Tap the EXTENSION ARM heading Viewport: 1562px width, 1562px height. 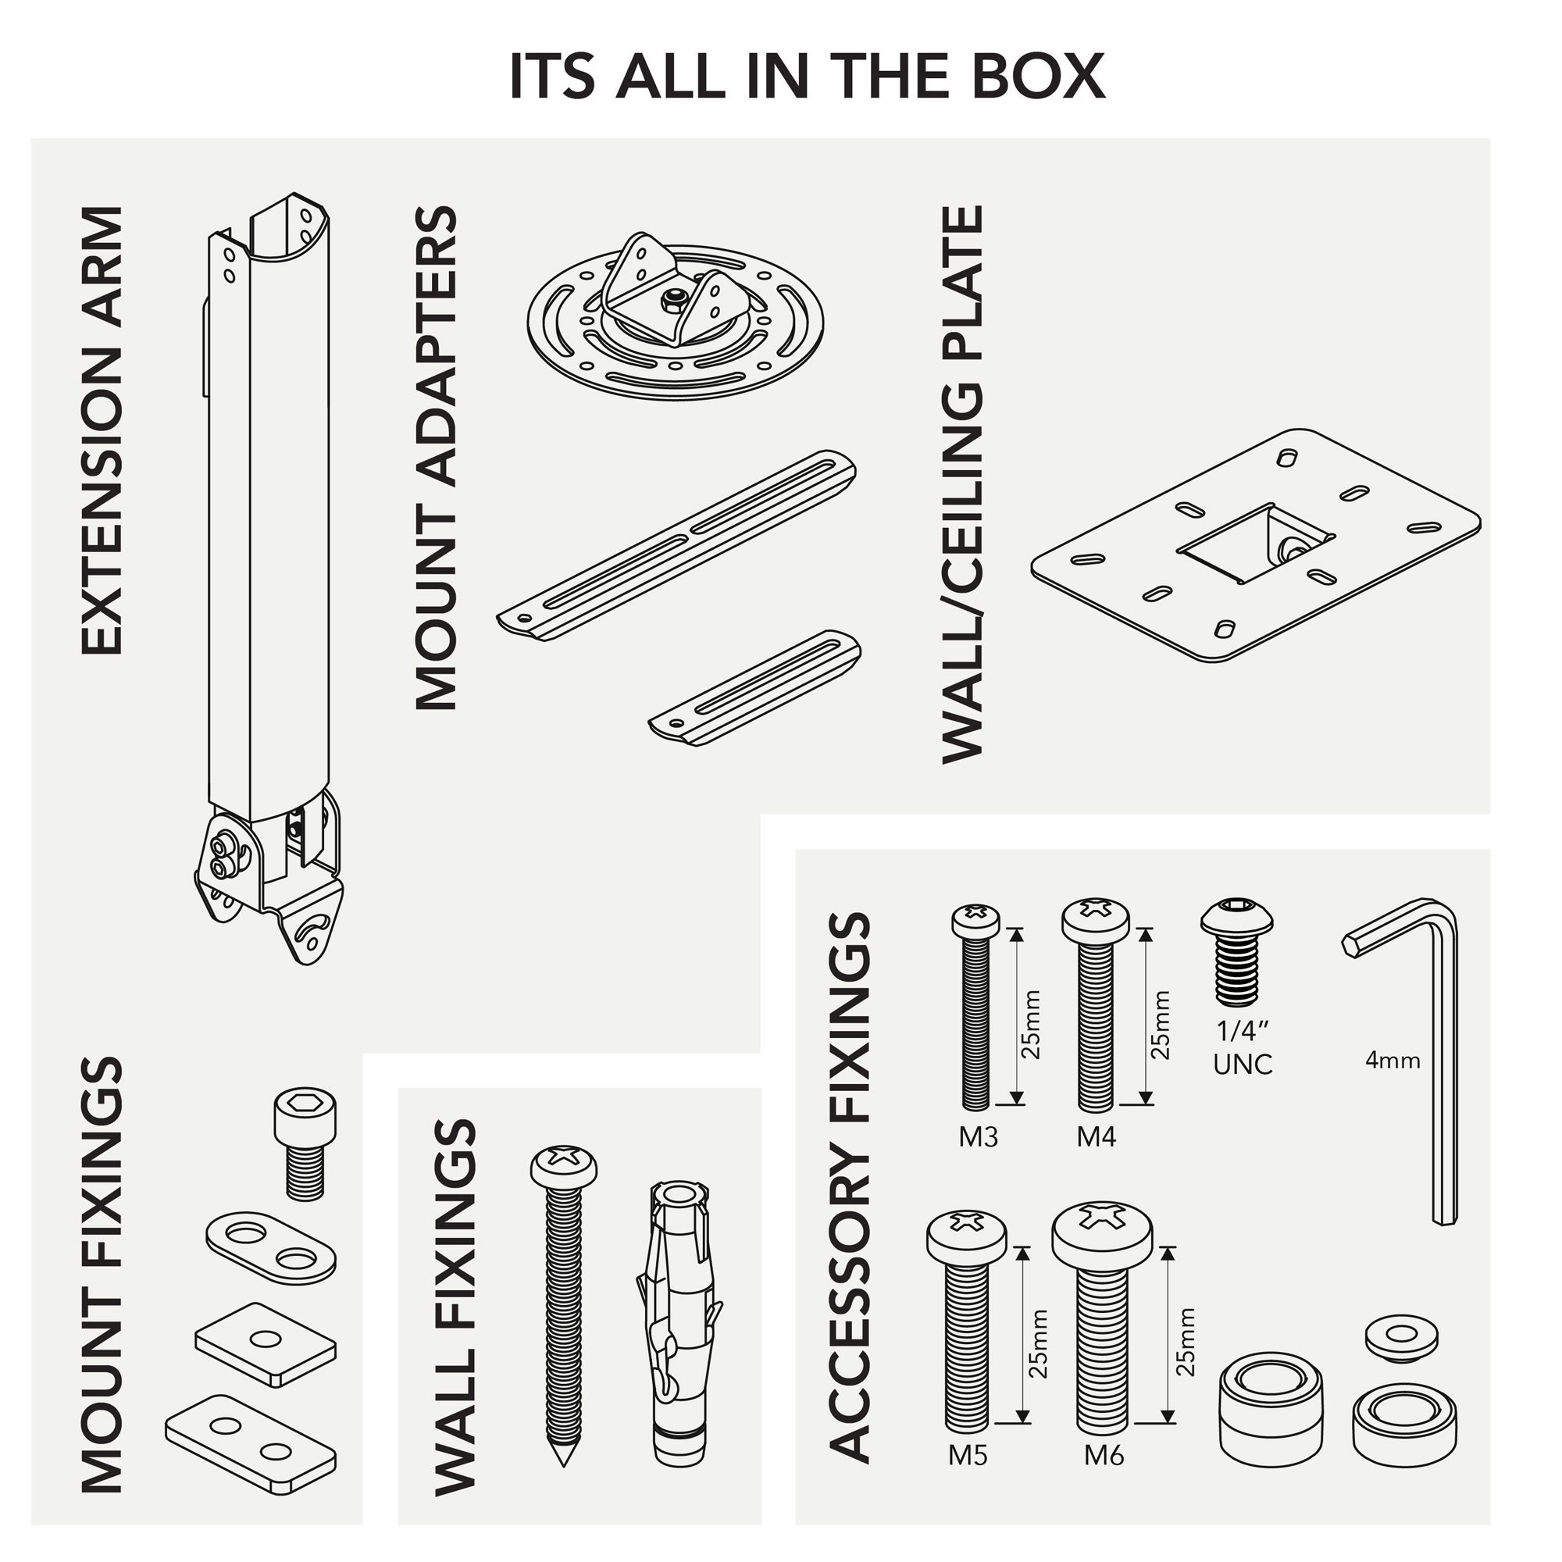(102, 430)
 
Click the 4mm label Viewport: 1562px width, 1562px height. (1393, 1060)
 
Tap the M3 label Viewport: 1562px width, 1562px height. (979, 1138)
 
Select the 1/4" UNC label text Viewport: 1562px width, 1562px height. (1243, 1049)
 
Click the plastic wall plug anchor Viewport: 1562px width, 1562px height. (679, 1326)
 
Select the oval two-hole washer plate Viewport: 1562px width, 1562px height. (271, 1246)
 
